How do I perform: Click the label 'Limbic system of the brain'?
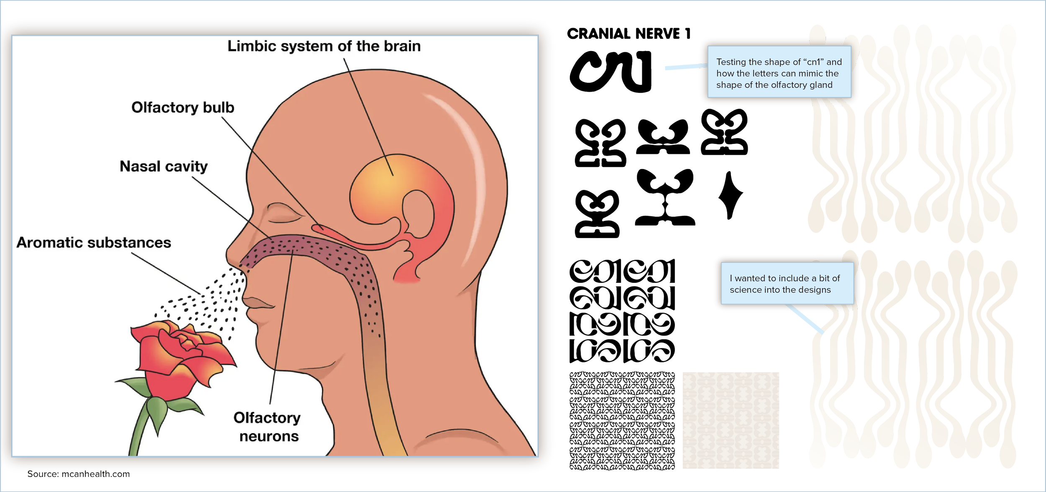324,46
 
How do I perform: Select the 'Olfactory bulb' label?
183,108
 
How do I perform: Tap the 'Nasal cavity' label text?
164,167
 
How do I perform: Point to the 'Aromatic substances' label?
94,243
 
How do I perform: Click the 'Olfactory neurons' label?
268,427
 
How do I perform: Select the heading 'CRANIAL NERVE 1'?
628,34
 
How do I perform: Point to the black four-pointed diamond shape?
730,195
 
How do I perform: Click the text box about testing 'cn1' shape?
779,73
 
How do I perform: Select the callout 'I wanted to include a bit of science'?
784,284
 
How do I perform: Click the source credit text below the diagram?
79,474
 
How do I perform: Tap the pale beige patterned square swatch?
731,420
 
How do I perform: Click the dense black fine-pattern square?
622,420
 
